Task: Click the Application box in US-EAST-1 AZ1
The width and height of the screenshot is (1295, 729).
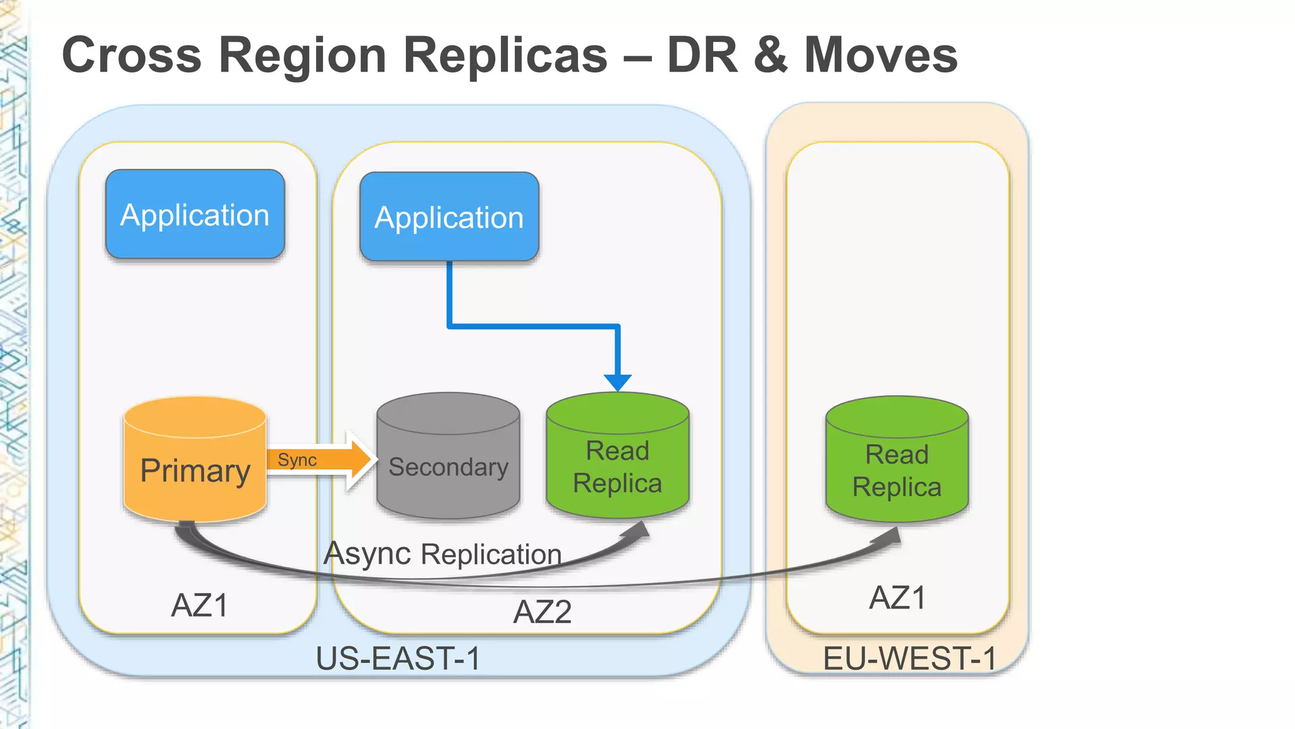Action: [195, 215]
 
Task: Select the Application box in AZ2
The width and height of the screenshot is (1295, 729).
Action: [449, 217]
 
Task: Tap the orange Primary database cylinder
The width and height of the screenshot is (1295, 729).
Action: [195, 468]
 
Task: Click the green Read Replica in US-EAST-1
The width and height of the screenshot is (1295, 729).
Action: [617, 466]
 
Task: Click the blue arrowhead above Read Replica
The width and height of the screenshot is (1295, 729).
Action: [617, 382]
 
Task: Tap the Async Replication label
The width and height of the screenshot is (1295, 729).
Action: [443, 554]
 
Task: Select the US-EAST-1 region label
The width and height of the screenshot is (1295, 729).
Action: [398, 658]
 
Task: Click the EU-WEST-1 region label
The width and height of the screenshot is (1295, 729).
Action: [909, 658]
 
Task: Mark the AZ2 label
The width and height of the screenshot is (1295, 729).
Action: [543, 612]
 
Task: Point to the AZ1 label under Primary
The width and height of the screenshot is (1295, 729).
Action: [199, 606]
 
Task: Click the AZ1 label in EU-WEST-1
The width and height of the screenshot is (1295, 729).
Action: [897, 598]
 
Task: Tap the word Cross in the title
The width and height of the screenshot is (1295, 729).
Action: [132, 55]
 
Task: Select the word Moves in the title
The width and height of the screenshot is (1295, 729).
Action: [880, 55]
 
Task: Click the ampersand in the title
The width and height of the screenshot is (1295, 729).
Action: [770, 55]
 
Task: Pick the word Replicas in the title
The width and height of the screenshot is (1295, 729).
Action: [505, 55]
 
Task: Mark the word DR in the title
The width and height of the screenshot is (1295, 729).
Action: [702, 55]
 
